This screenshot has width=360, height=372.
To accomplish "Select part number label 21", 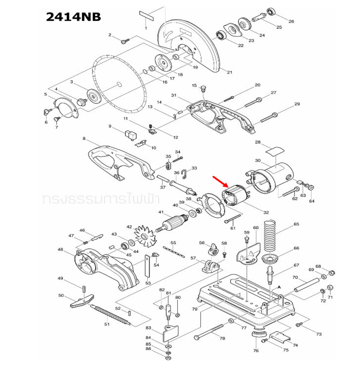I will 229,72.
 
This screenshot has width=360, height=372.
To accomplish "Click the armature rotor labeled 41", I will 175,223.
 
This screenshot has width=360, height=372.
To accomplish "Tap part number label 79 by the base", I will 194,309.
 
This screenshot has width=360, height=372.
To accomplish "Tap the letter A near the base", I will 278,286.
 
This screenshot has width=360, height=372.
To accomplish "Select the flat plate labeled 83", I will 171,331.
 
